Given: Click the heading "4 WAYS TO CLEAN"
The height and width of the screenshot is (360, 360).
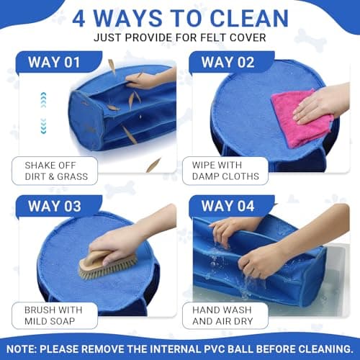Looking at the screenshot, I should click(180, 17).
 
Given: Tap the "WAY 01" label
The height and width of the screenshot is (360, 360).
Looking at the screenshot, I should click(54, 61).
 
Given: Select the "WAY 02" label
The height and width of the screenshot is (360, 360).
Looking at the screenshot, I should click(228, 61).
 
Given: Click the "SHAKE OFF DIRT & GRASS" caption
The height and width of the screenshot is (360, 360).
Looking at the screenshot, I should click(55, 171).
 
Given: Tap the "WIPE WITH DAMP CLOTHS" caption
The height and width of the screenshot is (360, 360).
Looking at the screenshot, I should click(225, 171).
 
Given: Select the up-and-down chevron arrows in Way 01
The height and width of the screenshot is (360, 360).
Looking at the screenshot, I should click(43, 112).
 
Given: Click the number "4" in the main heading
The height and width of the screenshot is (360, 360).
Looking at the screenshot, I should click(78, 17).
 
